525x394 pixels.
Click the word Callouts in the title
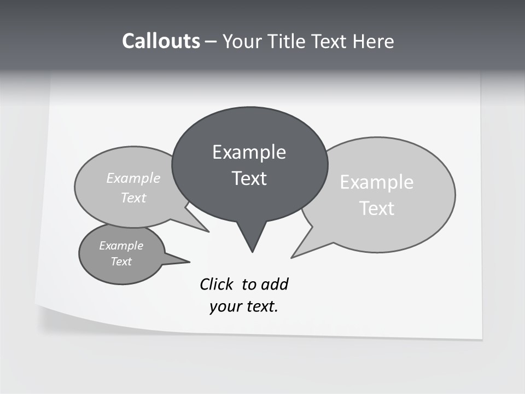pos(161,41)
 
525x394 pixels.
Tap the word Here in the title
pos(374,42)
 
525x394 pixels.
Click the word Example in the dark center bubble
pos(249,152)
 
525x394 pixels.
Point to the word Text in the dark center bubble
pos(249,178)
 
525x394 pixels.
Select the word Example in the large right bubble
pos(377,182)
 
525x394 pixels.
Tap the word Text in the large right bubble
pos(377,208)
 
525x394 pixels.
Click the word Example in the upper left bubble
pos(133,178)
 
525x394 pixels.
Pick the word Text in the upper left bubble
pos(133,198)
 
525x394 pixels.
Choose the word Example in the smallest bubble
pos(121,246)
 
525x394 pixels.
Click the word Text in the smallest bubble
pos(121,262)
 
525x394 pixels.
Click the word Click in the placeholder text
pos(217,285)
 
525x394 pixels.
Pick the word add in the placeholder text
pos(275,285)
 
